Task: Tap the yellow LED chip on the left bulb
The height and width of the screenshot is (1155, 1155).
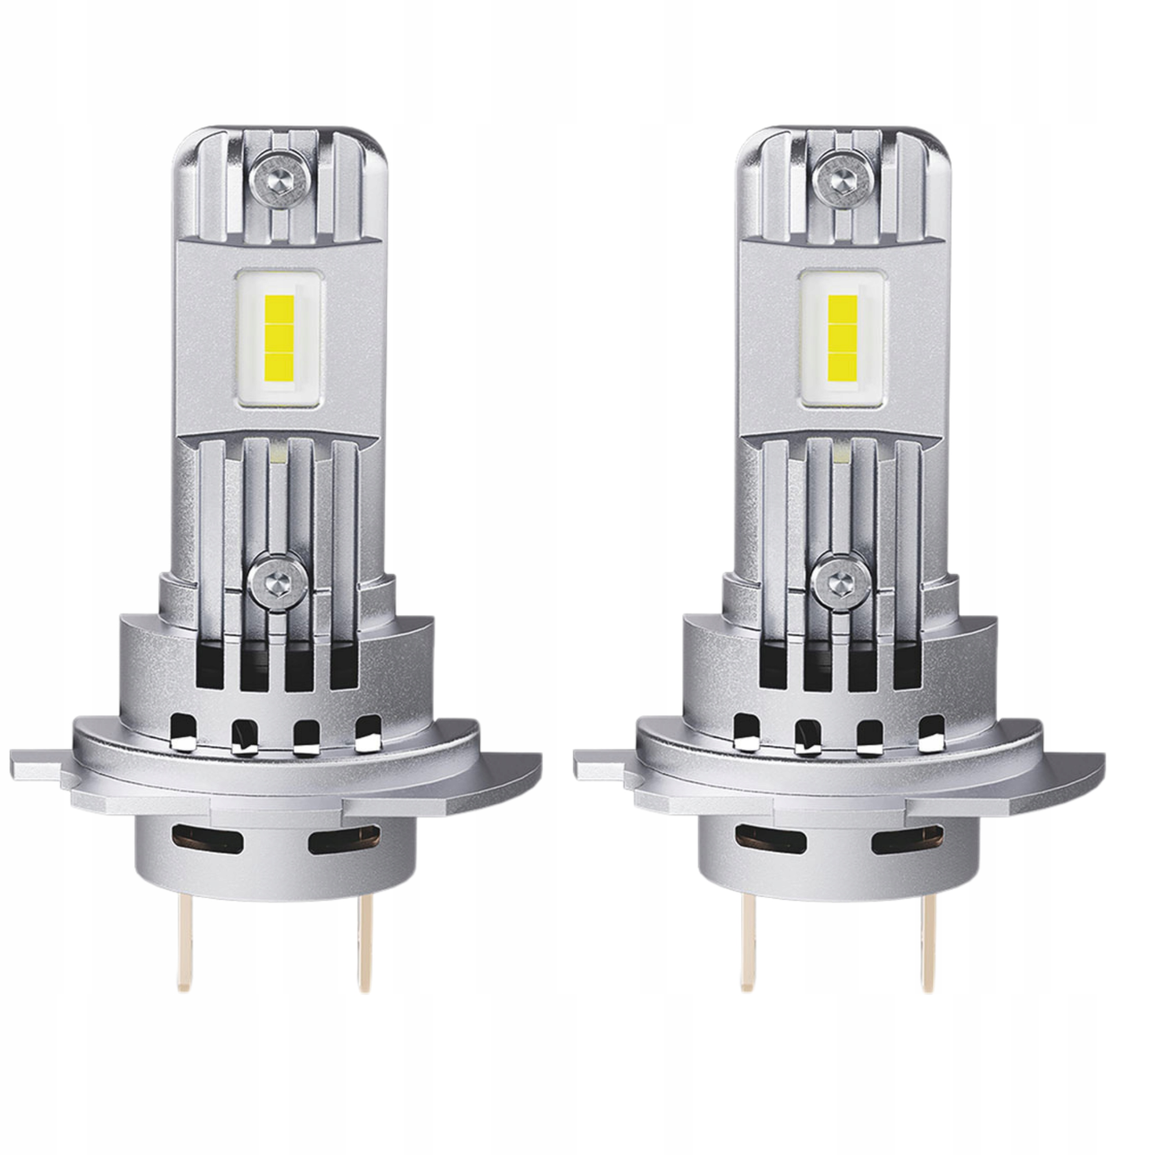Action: pyautogui.click(x=278, y=338)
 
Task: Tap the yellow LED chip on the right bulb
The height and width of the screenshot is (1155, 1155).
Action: pyautogui.click(x=842, y=338)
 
